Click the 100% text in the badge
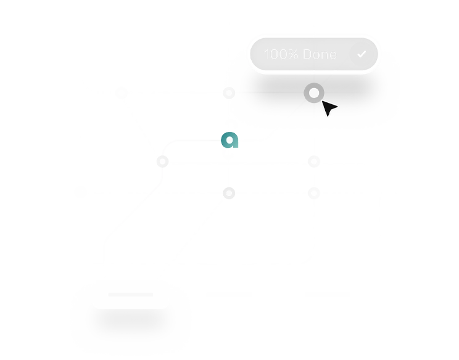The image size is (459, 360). (281, 54)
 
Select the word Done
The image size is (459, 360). (320, 54)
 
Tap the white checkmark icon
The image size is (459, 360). (362, 54)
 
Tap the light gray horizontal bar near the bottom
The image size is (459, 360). (131, 294)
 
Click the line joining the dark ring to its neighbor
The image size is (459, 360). (270, 92)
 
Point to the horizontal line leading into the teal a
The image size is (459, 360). (199, 141)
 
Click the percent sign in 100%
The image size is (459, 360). (292, 54)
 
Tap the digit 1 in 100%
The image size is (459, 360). (266, 54)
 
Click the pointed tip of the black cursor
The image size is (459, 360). (322, 101)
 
